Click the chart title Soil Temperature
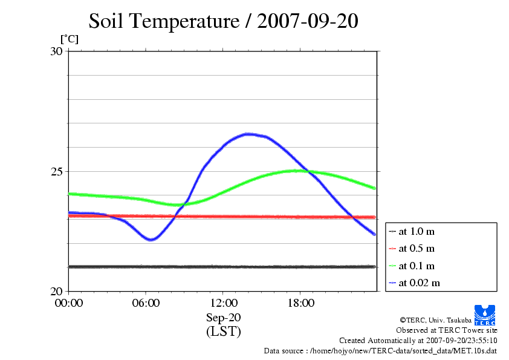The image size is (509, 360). [164, 22]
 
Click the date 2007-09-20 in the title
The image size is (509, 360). [308, 22]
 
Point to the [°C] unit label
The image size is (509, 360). [69, 39]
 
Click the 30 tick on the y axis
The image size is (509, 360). [56, 51]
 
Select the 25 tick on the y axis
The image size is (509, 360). [56, 171]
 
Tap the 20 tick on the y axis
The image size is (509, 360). [56, 291]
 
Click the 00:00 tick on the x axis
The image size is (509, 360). [69, 303]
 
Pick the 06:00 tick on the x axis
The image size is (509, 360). [146, 303]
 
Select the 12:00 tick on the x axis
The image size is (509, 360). [223, 303]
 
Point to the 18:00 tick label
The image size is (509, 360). [300, 303]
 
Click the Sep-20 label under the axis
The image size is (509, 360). [223, 318]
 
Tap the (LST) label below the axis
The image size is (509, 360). [223, 332]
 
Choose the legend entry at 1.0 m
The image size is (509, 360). [417, 232]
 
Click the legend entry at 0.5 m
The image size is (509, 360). [417, 249]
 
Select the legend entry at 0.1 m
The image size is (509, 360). [417, 266]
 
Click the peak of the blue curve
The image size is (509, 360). [248, 134]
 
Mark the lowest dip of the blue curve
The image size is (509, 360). [151, 240]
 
